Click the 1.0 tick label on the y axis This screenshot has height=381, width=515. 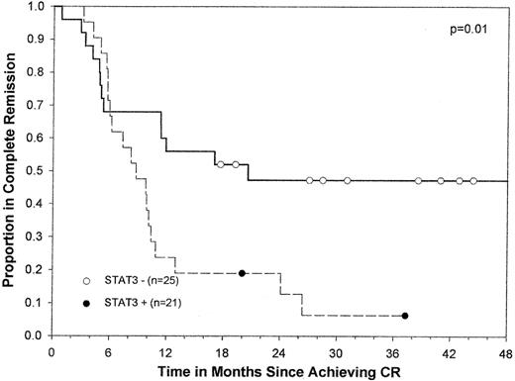[36, 7]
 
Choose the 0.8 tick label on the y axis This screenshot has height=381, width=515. [36, 73]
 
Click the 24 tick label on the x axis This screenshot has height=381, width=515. [278, 351]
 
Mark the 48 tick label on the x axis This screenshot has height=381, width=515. [507, 351]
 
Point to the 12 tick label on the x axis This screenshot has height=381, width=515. [164, 351]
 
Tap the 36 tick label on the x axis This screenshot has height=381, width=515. [393, 351]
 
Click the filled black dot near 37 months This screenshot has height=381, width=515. [405, 316]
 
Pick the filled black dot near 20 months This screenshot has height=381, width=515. [242, 273]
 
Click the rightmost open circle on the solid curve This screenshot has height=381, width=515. [473, 181]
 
